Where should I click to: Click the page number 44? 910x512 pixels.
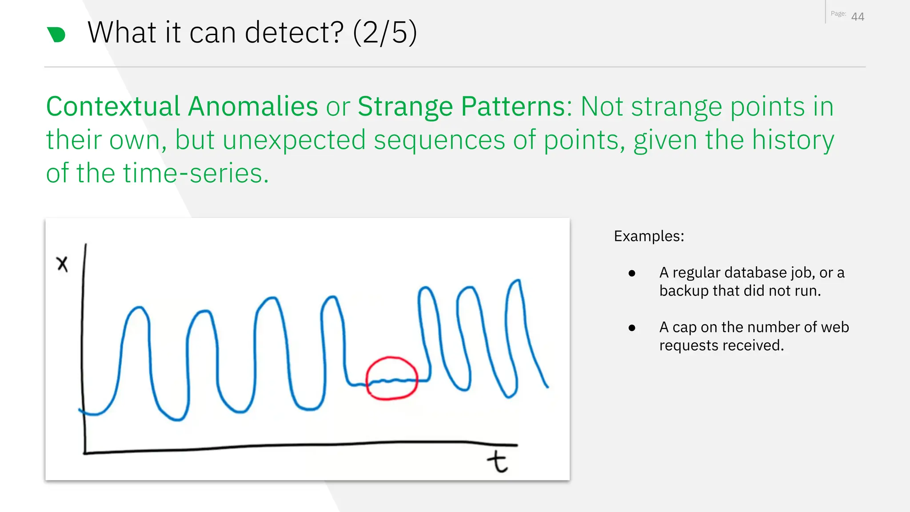click(x=857, y=17)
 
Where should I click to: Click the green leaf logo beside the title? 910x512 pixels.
click(x=56, y=35)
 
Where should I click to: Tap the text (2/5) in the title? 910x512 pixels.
click(x=385, y=32)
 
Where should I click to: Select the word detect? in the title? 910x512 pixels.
click(x=294, y=32)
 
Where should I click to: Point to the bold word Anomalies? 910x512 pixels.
click(x=253, y=107)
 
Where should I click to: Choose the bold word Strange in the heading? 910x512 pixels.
click(x=405, y=107)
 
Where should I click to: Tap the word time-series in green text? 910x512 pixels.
click(x=196, y=173)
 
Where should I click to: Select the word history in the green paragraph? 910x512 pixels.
click(x=793, y=140)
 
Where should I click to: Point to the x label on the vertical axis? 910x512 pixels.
click(x=62, y=264)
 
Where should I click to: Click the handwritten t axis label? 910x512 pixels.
click(x=497, y=462)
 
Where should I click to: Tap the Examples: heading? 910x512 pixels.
click(x=649, y=236)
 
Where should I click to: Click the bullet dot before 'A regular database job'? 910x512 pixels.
click(x=632, y=273)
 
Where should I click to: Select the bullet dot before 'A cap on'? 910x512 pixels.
click(x=632, y=328)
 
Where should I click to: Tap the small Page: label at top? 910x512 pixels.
click(x=838, y=14)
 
